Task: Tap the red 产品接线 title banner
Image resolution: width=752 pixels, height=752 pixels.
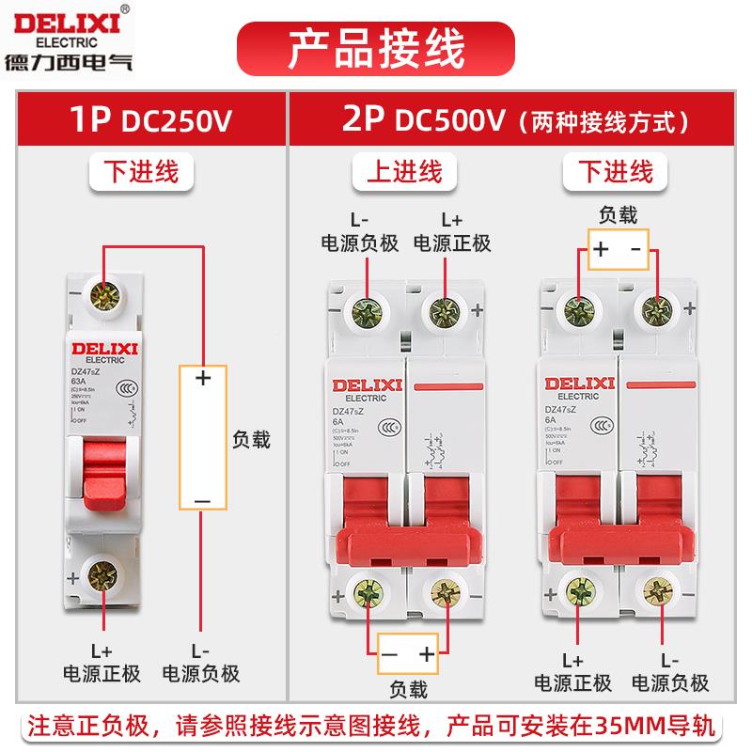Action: coord(375,42)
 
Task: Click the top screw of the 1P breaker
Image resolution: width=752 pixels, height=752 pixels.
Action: coord(101,300)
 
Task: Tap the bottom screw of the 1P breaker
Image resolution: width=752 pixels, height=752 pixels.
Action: coord(101,574)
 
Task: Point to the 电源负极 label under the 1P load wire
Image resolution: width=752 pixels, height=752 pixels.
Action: coord(201,673)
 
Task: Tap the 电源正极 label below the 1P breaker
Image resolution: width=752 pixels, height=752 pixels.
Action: coord(102,673)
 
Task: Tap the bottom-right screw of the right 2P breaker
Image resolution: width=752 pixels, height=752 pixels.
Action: coord(656,591)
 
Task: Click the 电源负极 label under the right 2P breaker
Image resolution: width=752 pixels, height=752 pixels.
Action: coord(670,682)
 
